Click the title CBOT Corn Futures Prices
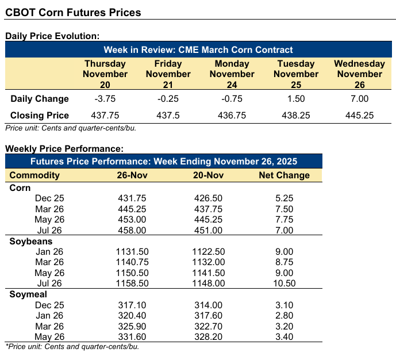coord(73,12)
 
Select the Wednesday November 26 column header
coord(359,74)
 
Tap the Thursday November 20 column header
coord(105,74)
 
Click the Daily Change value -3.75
coord(105,98)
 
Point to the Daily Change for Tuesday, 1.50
coord(295,98)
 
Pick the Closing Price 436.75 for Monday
coord(232,115)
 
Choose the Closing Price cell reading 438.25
coord(295,115)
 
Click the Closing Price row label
coord(40,115)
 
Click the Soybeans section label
coord(31,242)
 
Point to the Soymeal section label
coord(29,294)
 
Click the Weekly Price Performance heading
coord(64,149)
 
